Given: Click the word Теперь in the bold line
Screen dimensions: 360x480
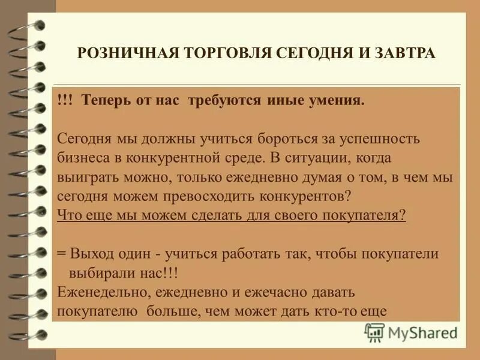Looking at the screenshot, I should click(x=103, y=99).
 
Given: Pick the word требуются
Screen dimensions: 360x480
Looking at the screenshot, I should click(x=223, y=99).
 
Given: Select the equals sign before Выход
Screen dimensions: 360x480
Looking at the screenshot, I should click(x=61, y=253).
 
